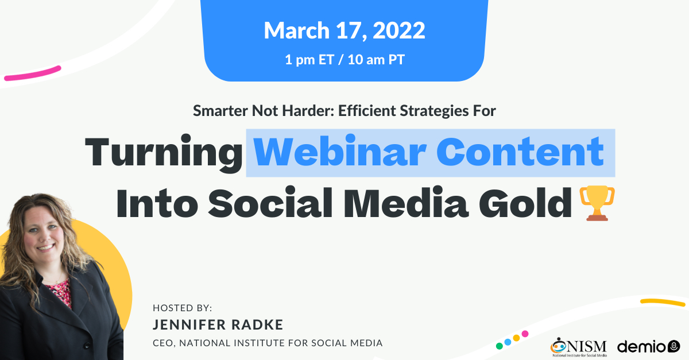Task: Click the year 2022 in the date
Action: point(399,30)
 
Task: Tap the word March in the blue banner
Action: point(297,30)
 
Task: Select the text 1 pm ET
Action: point(309,60)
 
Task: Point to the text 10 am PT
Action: point(376,60)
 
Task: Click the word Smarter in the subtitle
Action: point(220,111)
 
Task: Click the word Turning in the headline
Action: point(164,153)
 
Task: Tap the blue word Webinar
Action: point(339,151)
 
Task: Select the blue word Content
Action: point(520,151)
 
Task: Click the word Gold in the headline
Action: point(525,203)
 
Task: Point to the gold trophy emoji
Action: point(597,203)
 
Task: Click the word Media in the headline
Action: point(406,203)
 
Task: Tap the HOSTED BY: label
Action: point(183,308)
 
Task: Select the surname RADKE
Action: point(257,325)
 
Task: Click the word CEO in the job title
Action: point(164,343)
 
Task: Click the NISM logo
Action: point(579,347)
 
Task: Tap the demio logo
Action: point(648,346)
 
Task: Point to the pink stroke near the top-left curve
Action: point(33,73)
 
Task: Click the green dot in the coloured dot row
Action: point(500,346)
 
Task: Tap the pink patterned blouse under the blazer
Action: point(60,292)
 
